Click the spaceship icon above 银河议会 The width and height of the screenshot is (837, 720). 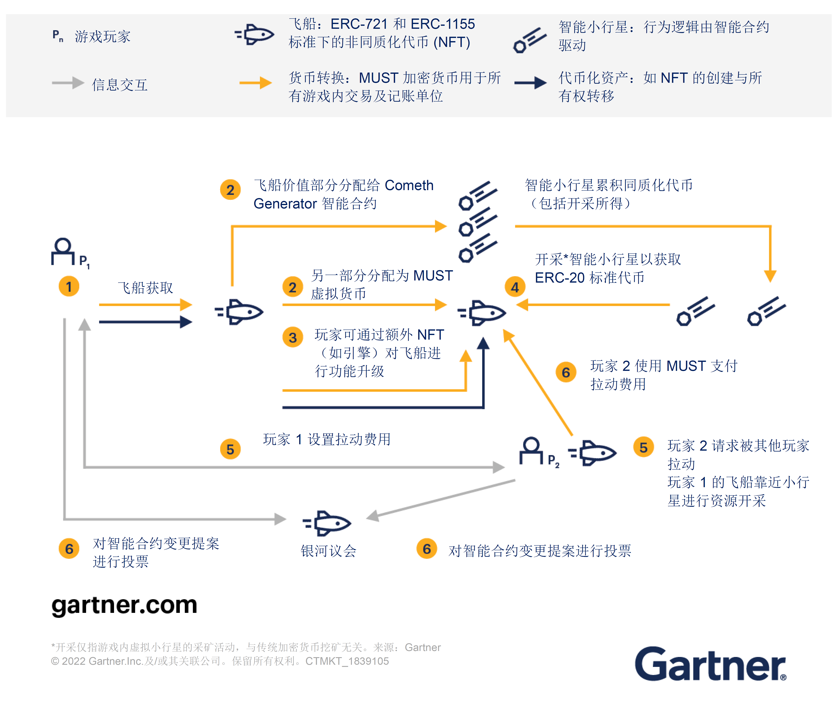[327, 523]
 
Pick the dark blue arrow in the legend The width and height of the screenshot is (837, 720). [530, 82]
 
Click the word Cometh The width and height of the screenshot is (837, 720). [409, 186]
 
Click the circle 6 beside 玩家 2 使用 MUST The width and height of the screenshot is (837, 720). [566, 372]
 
